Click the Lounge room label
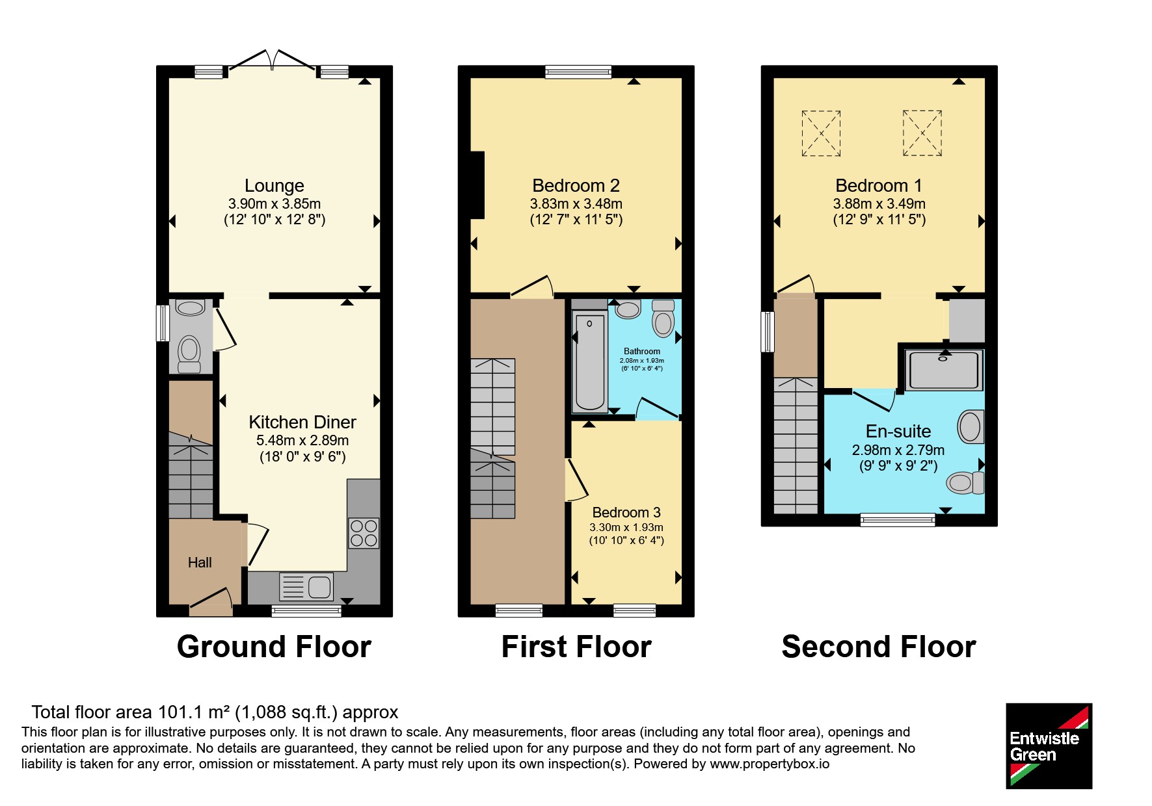coord(274,186)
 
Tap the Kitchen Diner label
coord(302,422)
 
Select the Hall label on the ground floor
coord(200,563)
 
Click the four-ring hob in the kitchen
coord(364,533)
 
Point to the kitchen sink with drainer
coord(306,587)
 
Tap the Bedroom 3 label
coord(626,513)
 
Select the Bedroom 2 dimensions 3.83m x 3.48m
coord(576,204)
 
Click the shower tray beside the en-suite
coord(943,370)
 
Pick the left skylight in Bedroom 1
coord(821,133)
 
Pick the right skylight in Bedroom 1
coord(922,133)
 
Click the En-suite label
coord(898,432)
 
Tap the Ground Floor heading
coord(274,647)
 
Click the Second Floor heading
coord(879,647)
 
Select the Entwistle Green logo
coord(1049,746)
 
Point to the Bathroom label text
coord(642,352)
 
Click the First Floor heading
coord(576,647)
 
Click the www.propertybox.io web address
coord(770,764)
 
